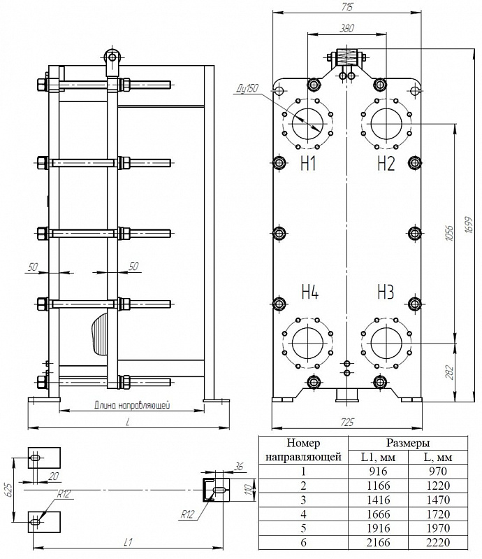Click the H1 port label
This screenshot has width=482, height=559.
tap(308, 164)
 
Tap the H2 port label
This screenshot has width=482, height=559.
tap(386, 164)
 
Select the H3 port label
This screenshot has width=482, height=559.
tap(386, 292)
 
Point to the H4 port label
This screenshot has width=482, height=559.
tap(309, 292)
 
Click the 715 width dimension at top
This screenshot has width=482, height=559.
tap(346, 6)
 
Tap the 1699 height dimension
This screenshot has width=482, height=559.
tap(469, 225)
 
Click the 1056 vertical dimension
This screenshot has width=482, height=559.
tap(450, 233)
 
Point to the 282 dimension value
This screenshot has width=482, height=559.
tap(450, 372)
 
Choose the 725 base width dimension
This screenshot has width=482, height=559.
tap(347, 422)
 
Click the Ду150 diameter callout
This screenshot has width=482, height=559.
tap(247, 90)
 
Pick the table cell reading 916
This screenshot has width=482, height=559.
tap(378, 472)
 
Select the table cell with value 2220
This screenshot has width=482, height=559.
tap(438, 542)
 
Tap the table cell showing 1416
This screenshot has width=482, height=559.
tap(378, 500)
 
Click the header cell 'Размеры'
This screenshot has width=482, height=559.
tap(408, 443)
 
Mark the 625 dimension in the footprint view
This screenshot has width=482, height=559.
tap(9, 490)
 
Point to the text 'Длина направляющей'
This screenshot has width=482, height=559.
tap(132, 405)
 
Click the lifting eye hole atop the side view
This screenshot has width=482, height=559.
tap(112, 57)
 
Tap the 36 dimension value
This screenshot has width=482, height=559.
tap(240, 466)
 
